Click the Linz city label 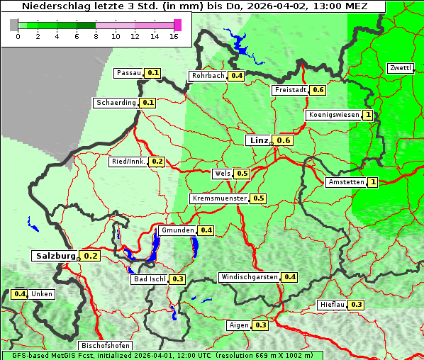point(257,140)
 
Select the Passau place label point(128,73)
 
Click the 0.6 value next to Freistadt point(318,90)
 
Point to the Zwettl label point(400,68)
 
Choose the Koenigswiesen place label point(333,115)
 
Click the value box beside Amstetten point(373,182)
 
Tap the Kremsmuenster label point(219,198)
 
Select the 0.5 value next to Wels point(242,174)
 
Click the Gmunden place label point(177,230)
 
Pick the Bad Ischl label point(150,279)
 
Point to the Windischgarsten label point(249,277)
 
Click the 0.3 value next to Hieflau point(357,305)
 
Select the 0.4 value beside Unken point(20,294)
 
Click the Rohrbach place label point(208,76)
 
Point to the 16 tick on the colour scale point(174,37)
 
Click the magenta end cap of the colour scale point(177,26)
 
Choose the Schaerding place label point(116,103)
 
